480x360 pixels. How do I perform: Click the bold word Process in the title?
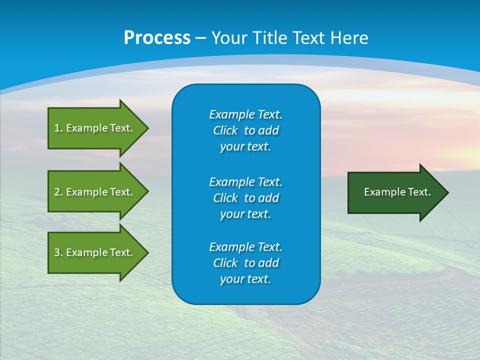tap(157, 38)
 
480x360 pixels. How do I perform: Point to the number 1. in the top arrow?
tap(58, 128)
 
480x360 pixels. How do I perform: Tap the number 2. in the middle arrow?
tap(58, 192)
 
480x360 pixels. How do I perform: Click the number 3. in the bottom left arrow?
tap(58, 252)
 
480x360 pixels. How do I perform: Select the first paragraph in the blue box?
tap(245, 130)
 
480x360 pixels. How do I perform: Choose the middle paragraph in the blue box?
tap(245, 197)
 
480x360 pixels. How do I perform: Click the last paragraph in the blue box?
tap(245, 263)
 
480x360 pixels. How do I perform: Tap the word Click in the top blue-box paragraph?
tap(225, 130)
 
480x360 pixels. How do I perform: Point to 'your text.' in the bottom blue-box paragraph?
tap(245, 279)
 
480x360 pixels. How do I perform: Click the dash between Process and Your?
tap(201, 38)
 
